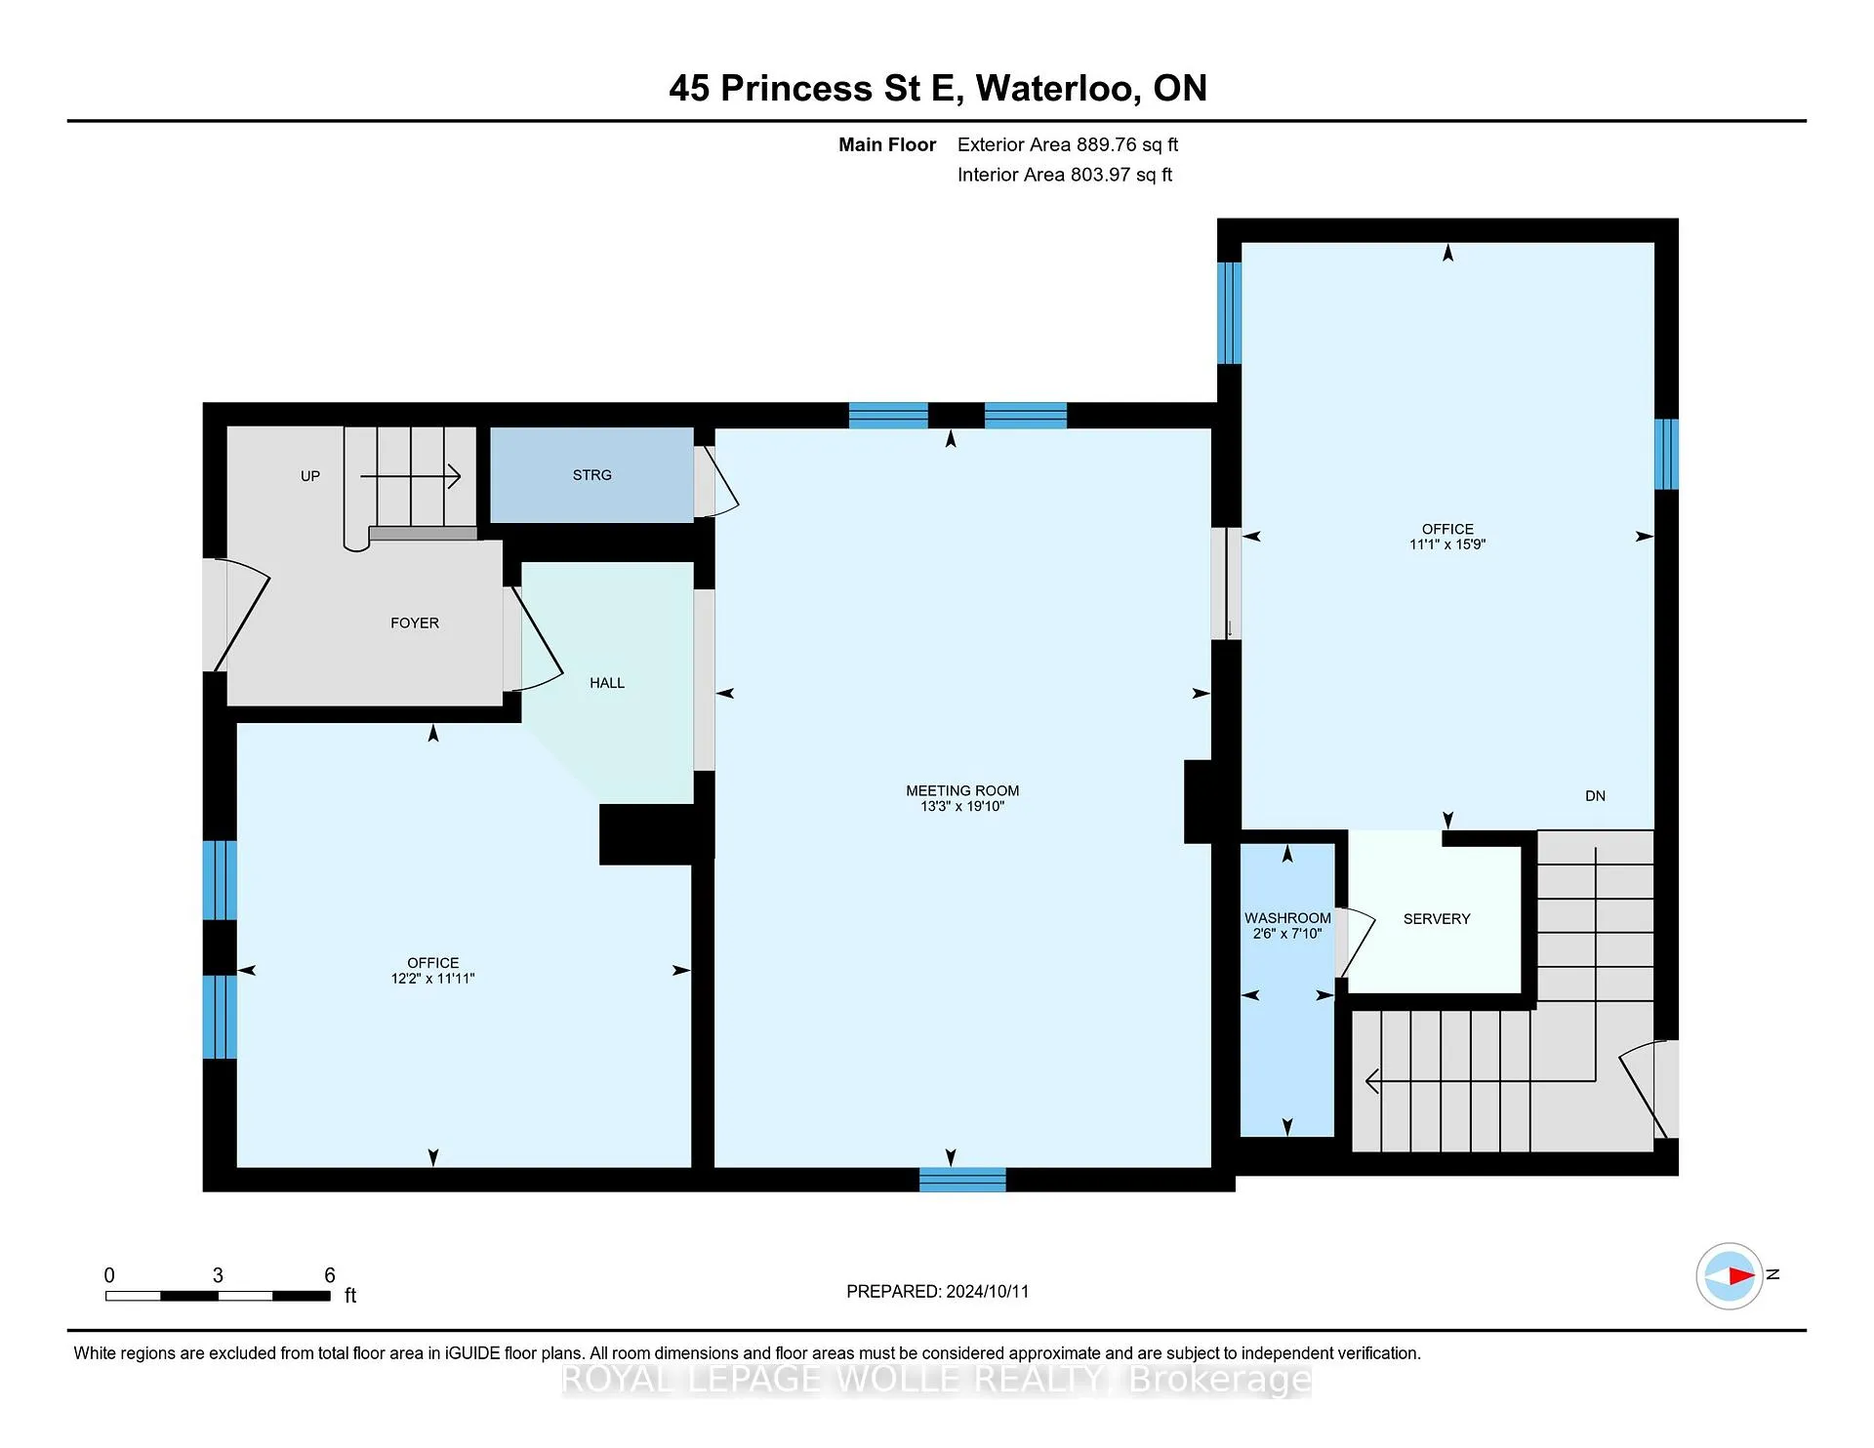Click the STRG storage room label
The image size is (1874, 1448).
(x=592, y=475)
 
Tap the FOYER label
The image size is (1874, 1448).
(x=415, y=623)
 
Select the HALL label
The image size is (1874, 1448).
(x=607, y=683)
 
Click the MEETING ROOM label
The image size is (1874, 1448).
(x=962, y=791)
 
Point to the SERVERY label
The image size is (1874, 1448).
(x=1437, y=919)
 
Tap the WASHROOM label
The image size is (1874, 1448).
(x=1287, y=918)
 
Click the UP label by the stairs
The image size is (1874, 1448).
(x=310, y=476)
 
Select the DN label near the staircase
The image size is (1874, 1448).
(x=1595, y=796)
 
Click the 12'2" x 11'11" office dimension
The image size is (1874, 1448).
(x=432, y=979)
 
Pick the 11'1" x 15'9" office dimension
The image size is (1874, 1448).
(x=1447, y=544)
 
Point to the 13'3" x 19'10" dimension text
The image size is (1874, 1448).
(x=962, y=806)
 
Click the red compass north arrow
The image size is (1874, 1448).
(x=1741, y=1275)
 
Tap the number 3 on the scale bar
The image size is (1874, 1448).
(x=218, y=1275)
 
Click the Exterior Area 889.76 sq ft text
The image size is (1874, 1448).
(x=1068, y=144)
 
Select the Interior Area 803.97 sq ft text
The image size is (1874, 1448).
(x=1065, y=175)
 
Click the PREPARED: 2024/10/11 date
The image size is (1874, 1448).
(x=937, y=1291)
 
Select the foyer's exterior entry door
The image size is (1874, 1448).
(x=237, y=615)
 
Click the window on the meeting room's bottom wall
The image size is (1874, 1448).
(x=962, y=1180)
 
